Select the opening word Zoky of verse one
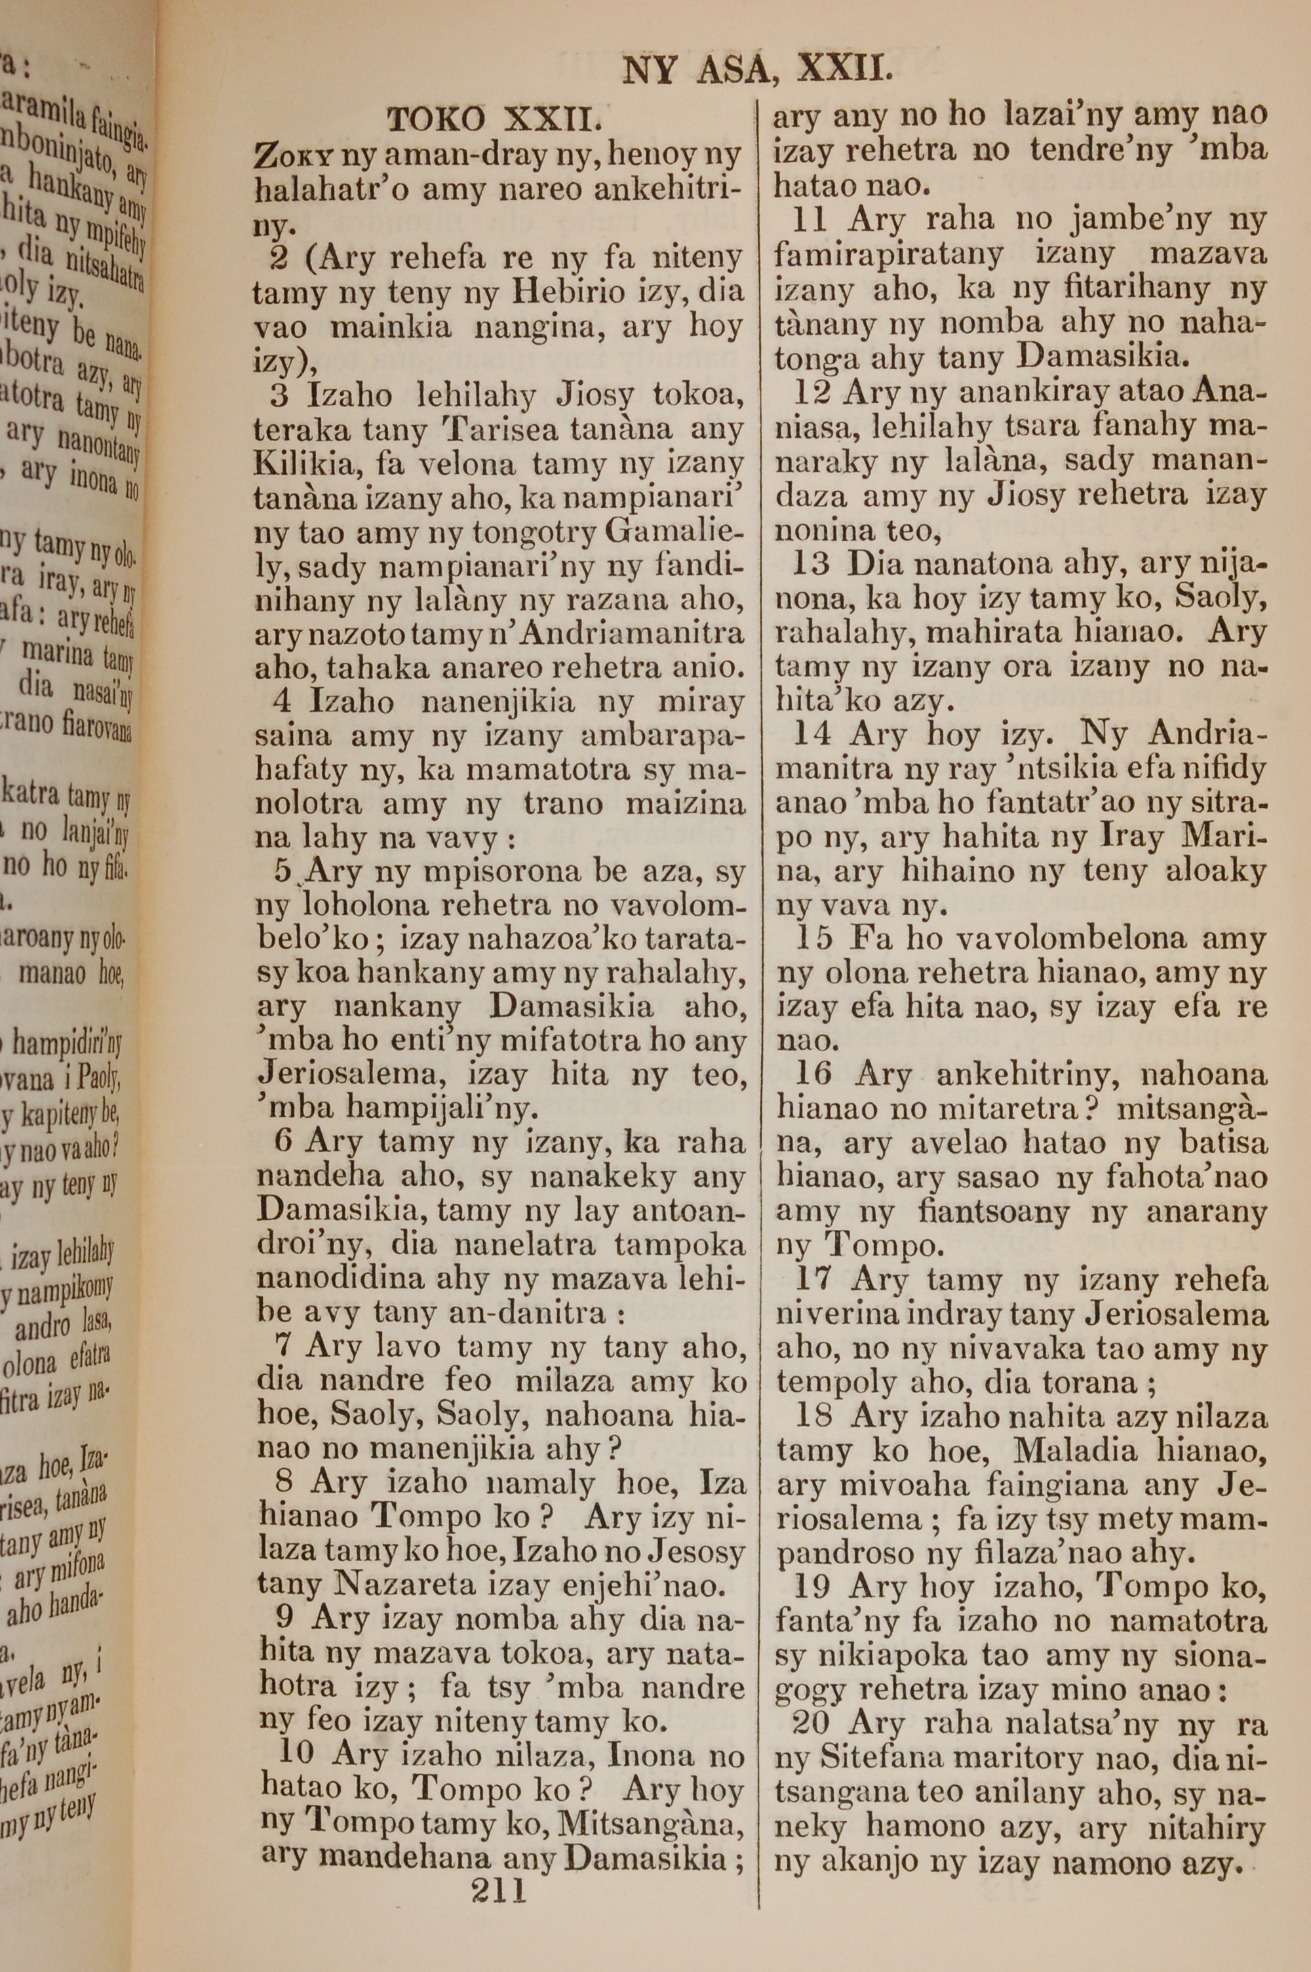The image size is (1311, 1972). click(287, 155)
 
